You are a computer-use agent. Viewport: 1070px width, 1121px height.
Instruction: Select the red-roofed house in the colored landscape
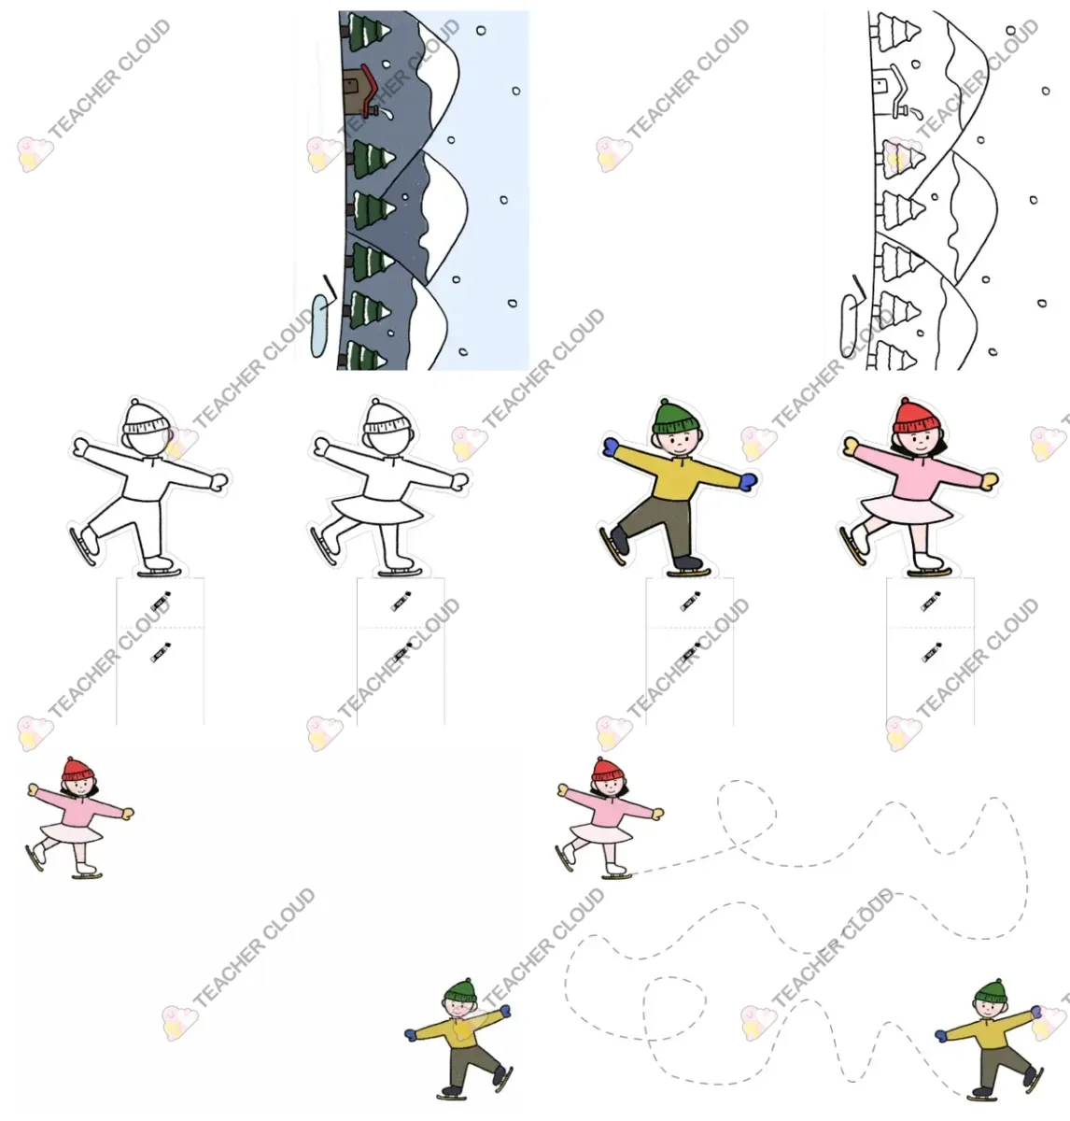point(360,91)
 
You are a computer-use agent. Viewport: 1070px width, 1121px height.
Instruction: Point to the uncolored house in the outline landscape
point(891,91)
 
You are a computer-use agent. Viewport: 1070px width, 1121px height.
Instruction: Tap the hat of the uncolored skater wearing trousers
point(147,417)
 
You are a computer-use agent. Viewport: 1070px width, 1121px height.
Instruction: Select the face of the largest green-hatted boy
point(681,444)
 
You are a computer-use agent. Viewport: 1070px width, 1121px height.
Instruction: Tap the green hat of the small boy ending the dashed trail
point(991,992)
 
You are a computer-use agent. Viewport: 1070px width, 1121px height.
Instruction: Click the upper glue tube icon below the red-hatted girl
point(931,601)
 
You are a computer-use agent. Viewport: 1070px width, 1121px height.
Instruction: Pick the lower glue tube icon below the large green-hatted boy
point(690,653)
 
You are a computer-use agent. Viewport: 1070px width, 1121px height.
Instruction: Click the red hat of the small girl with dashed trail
point(608,770)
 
